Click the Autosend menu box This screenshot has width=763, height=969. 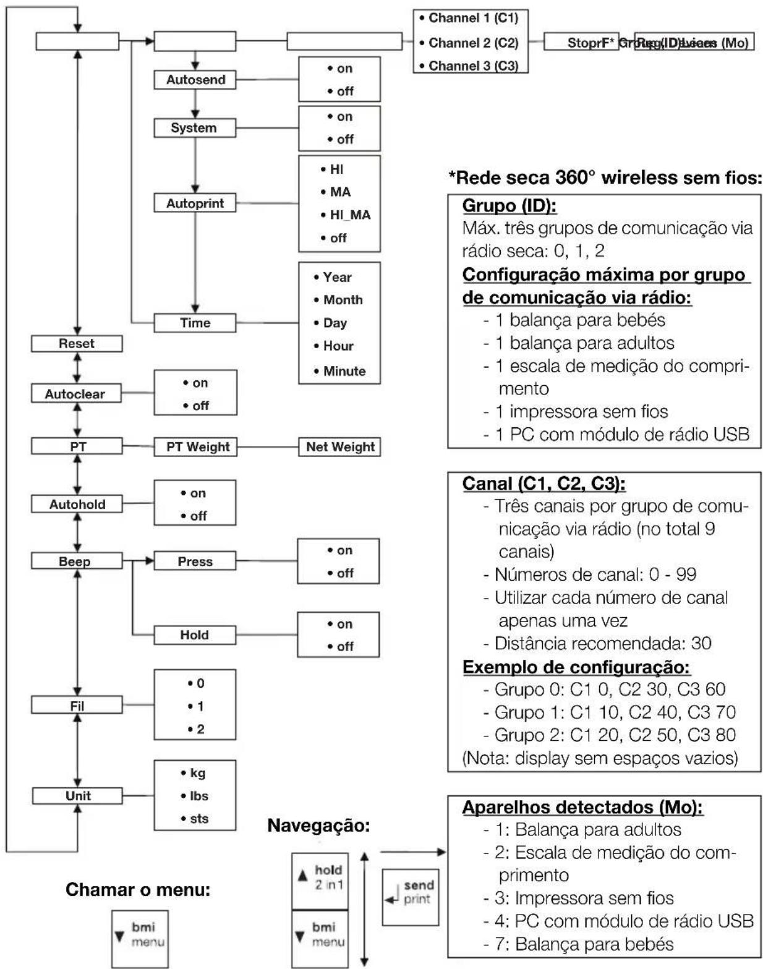point(195,80)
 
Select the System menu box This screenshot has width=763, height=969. point(195,128)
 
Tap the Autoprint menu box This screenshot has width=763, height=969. point(195,203)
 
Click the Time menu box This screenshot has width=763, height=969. point(195,323)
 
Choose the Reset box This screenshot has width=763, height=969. point(77,344)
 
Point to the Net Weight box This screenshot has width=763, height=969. point(339,447)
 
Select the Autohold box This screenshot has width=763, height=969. point(77,504)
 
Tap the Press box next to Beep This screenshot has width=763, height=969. point(195,561)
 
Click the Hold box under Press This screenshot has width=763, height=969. point(195,634)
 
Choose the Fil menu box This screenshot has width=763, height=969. point(77,706)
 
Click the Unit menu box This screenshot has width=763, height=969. point(77,796)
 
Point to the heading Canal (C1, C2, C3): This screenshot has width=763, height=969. point(544,484)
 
